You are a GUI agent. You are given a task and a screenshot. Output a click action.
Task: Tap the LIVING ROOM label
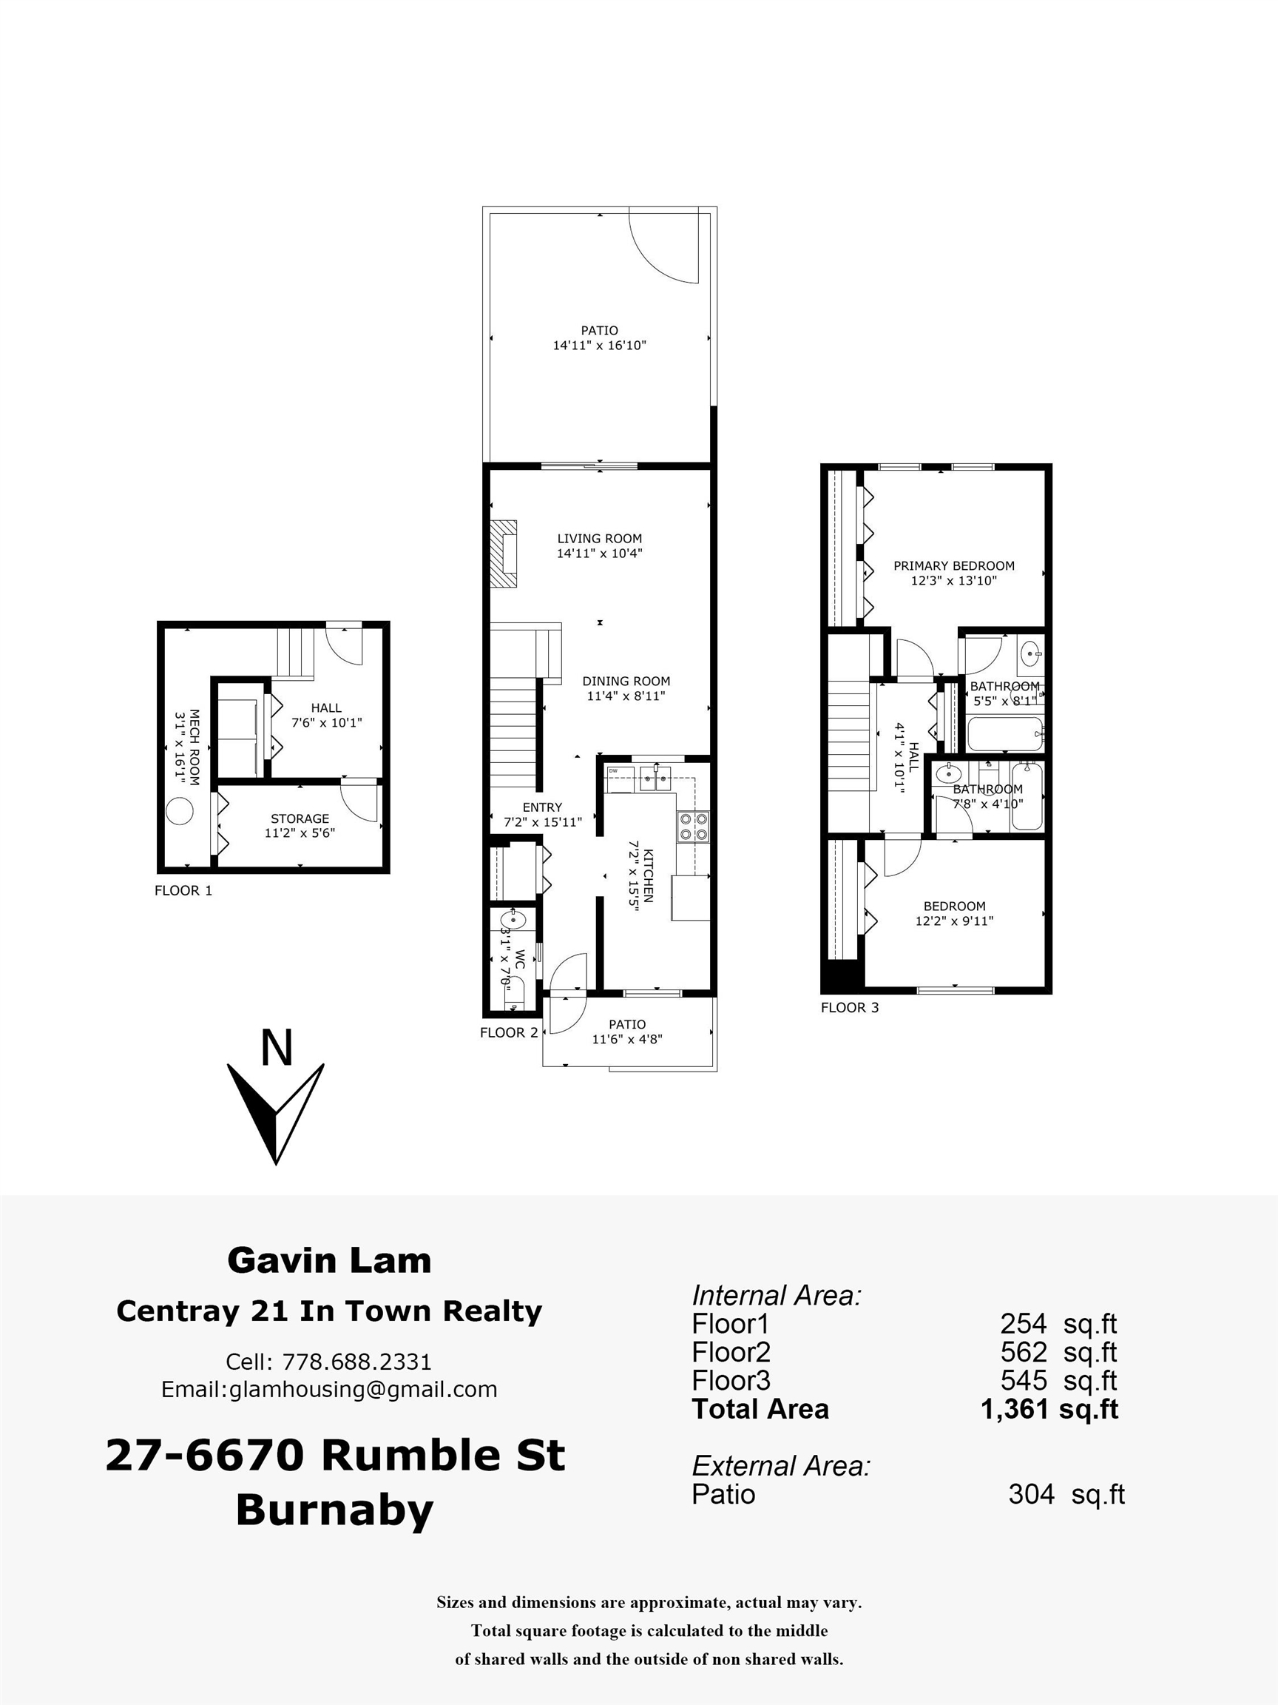599,539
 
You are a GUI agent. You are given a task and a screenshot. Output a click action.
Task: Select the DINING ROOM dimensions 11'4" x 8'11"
626,696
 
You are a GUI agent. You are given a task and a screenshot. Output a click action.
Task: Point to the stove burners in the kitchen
693,827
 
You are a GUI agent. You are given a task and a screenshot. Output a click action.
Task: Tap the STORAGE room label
300,818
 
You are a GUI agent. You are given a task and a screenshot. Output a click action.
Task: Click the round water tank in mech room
180,812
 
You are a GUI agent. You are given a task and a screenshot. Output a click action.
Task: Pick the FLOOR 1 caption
183,891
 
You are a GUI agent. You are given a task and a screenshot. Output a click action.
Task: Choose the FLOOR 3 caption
850,1007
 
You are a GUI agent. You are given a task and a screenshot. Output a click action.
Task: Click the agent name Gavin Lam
329,1260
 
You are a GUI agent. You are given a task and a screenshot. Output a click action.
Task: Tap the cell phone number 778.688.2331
356,1362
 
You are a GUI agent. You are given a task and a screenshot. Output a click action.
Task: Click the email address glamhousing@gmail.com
363,1389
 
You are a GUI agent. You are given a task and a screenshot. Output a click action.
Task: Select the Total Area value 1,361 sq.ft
1049,1409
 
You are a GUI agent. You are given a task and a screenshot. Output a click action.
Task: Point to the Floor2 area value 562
1024,1352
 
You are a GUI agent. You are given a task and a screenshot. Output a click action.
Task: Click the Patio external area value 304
1031,1494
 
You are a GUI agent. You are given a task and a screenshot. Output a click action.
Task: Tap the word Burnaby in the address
334,1510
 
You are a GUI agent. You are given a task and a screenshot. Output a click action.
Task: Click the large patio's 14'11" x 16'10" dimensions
599,346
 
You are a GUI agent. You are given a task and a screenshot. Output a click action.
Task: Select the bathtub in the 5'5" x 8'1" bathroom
1004,734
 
